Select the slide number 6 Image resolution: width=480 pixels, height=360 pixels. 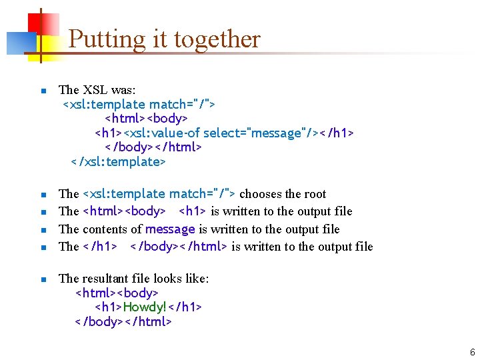tap(472, 352)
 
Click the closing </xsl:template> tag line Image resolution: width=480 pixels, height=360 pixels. tap(118, 162)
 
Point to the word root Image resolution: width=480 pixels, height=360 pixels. tap(314, 194)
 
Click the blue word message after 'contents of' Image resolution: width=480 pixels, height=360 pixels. tap(171, 229)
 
